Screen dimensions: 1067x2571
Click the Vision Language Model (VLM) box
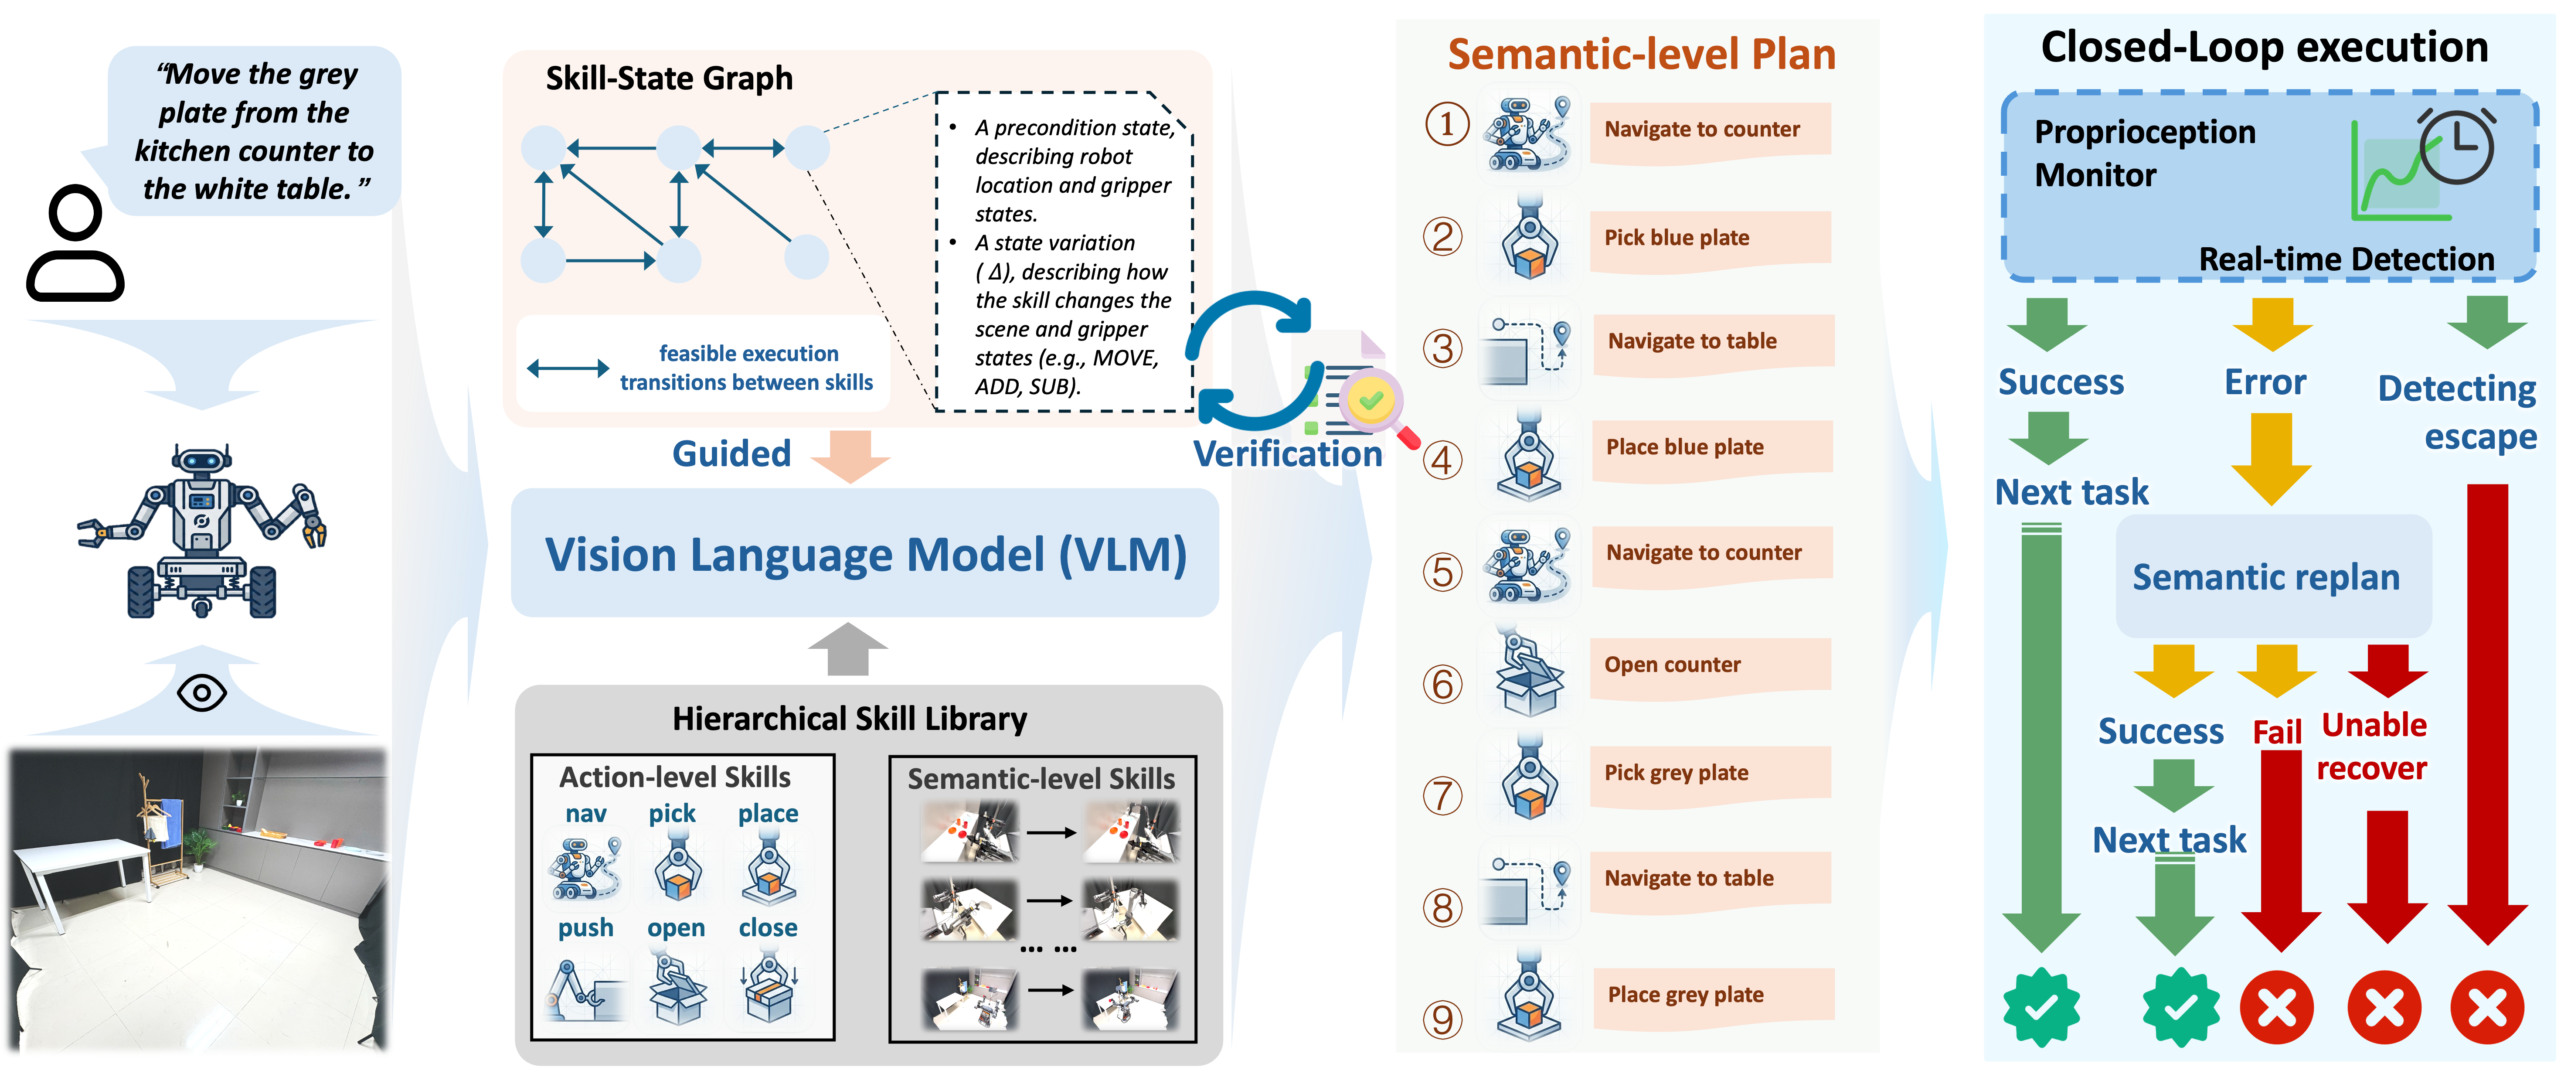click(864, 554)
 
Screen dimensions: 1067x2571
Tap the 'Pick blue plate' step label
click(1677, 238)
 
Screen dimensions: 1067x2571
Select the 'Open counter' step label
click(1673, 665)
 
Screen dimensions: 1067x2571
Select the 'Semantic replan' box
click(2265, 577)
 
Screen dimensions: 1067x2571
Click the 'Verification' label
click(1288, 454)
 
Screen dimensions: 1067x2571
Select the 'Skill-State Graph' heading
click(669, 78)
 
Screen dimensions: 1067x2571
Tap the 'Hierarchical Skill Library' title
click(849, 719)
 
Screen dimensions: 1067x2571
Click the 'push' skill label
click(586, 928)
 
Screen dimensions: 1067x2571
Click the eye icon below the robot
click(201, 692)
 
